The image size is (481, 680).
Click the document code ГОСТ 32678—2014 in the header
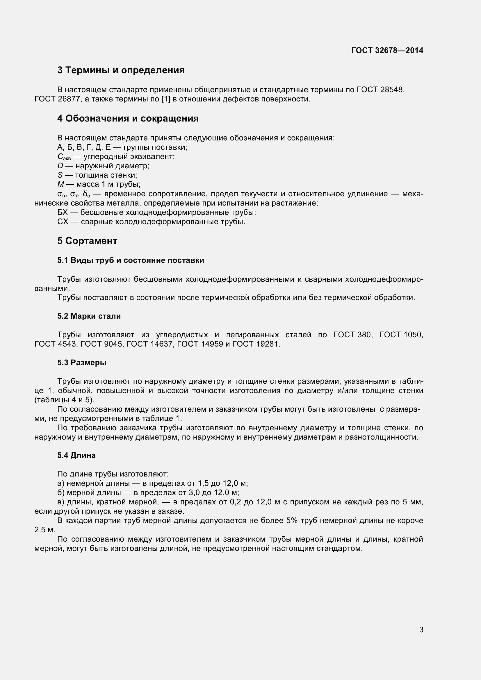click(x=387, y=50)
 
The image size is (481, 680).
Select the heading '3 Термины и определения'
click(x=121, y=70)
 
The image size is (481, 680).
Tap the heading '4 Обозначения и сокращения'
click(x=128, y=118)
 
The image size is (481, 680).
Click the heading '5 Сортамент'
click(x=87, y=241)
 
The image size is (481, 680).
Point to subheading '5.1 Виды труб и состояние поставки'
click(x=131, y=260)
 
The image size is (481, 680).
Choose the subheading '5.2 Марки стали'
click(x=89, y=316)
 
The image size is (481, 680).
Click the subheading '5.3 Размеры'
click(x=82, y=363)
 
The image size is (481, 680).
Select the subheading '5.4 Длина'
click(x=76, y=455)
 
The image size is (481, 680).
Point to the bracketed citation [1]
click(x=165, y=99)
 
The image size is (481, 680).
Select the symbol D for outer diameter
click(x=60, y=166)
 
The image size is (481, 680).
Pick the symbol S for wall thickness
click(x=60, y=175)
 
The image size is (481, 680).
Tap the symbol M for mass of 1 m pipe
click(x=61, y=184)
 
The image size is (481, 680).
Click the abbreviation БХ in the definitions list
click(x=63, y=212)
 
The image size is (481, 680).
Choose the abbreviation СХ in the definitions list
click(x=63, y=222)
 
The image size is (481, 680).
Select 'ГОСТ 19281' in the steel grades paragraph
click(x=256, y=344)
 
